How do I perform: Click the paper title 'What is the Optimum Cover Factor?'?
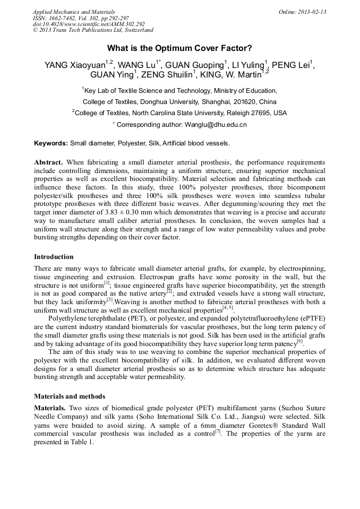(x=179, y=47)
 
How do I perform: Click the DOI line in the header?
(x=89, y=24)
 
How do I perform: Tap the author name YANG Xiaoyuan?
(x=74, y=65)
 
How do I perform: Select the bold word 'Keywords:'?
(x=51, y=143)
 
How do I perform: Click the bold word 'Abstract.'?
(x=49, y=161)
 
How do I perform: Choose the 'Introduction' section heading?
(x=54, y=257)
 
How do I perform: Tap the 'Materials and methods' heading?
(x=70, y=396)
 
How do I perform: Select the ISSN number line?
(x=90, y=18)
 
